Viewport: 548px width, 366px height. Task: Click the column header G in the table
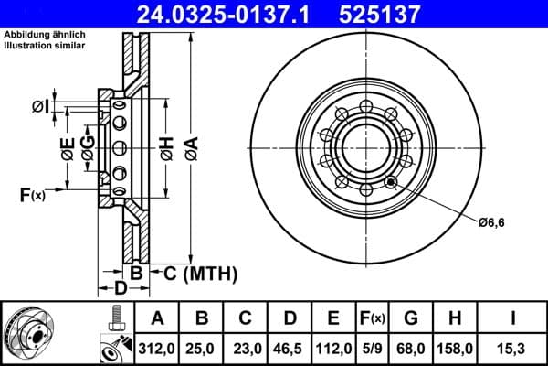411,318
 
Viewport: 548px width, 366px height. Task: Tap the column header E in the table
334,318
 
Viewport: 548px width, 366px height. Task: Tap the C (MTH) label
194,273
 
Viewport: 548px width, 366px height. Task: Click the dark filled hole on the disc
392,181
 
